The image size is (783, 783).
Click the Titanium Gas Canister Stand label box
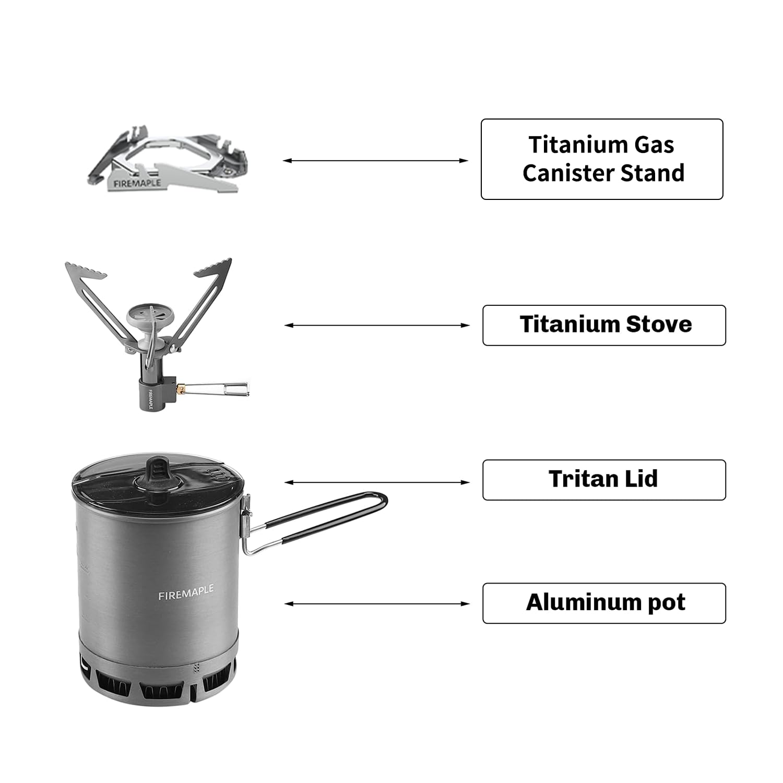point(601,159)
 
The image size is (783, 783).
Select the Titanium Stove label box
point(604,325)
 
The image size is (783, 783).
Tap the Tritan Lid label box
point(604,480)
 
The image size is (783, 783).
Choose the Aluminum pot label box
point(604,603)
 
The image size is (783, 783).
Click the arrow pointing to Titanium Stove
point(377,325)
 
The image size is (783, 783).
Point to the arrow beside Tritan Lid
point(377,482)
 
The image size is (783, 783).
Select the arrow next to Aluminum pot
point(377,603)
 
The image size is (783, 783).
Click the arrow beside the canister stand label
point(376,161)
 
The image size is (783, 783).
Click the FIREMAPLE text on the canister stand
point(137,183)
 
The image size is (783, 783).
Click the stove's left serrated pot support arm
point(99,303)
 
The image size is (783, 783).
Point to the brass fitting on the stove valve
point(181,388)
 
